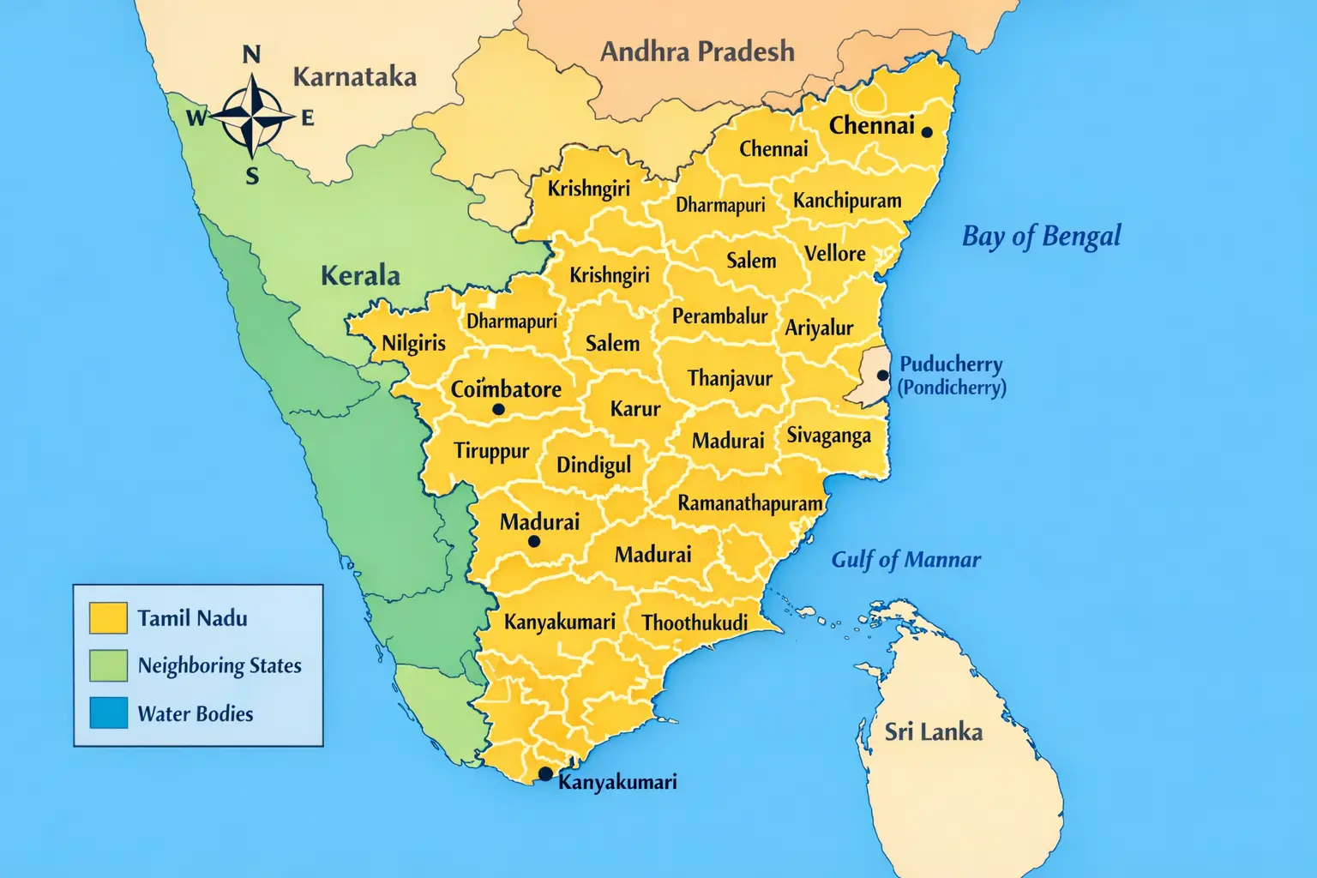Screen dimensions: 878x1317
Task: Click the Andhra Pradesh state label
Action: [x=697, y=52]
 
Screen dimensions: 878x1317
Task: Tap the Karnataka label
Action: [x=354, y=77]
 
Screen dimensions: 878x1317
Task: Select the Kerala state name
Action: [x=360, y=275]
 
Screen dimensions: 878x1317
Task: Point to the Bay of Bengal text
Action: [x=1041, y=236]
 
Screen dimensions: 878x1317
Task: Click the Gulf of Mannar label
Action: [x=905, y=560]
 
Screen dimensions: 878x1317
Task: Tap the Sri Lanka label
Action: [x=933, y=731]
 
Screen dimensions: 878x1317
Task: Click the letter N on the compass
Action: [x=251, y=55]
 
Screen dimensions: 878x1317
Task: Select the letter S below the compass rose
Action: [x=252, y=177]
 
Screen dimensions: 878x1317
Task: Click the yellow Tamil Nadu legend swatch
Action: [x=108, y=617]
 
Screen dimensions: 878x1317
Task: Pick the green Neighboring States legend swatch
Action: [x=108, y=665]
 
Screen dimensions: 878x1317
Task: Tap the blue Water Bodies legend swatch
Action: [x=108, y=713]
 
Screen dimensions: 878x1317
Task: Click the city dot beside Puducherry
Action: [x=882, y=376]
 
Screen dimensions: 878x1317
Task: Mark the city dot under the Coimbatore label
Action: [x=498, y=409]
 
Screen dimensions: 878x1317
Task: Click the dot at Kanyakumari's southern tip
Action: [x=544, y=774]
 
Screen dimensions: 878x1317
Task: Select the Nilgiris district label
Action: [x=413, y=343]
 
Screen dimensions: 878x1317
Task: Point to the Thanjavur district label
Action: [x=730, y=378]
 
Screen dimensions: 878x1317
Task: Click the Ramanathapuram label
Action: [x=750, y=503]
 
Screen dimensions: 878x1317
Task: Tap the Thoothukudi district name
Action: [x=695, y=622]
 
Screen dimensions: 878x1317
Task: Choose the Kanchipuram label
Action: [x=847, y=201]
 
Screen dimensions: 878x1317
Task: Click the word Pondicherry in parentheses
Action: [x=952, y=388]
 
